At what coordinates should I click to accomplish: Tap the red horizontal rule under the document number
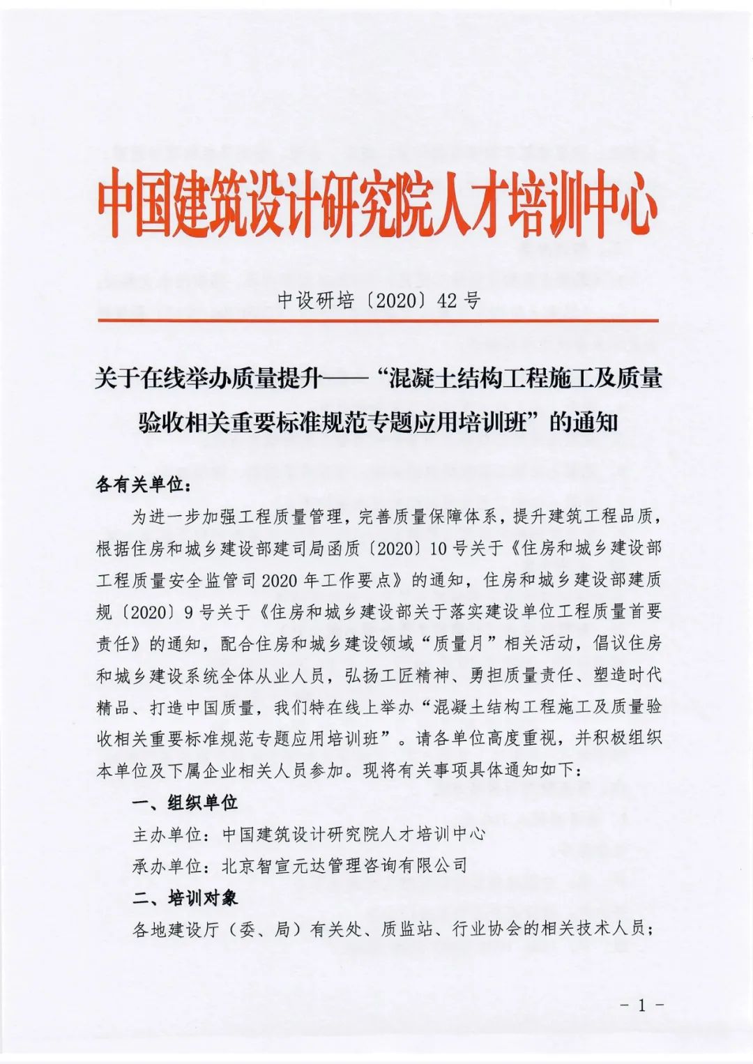[x=376, y=320]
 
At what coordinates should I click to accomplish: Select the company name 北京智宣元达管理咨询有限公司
[x=344, y=865]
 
